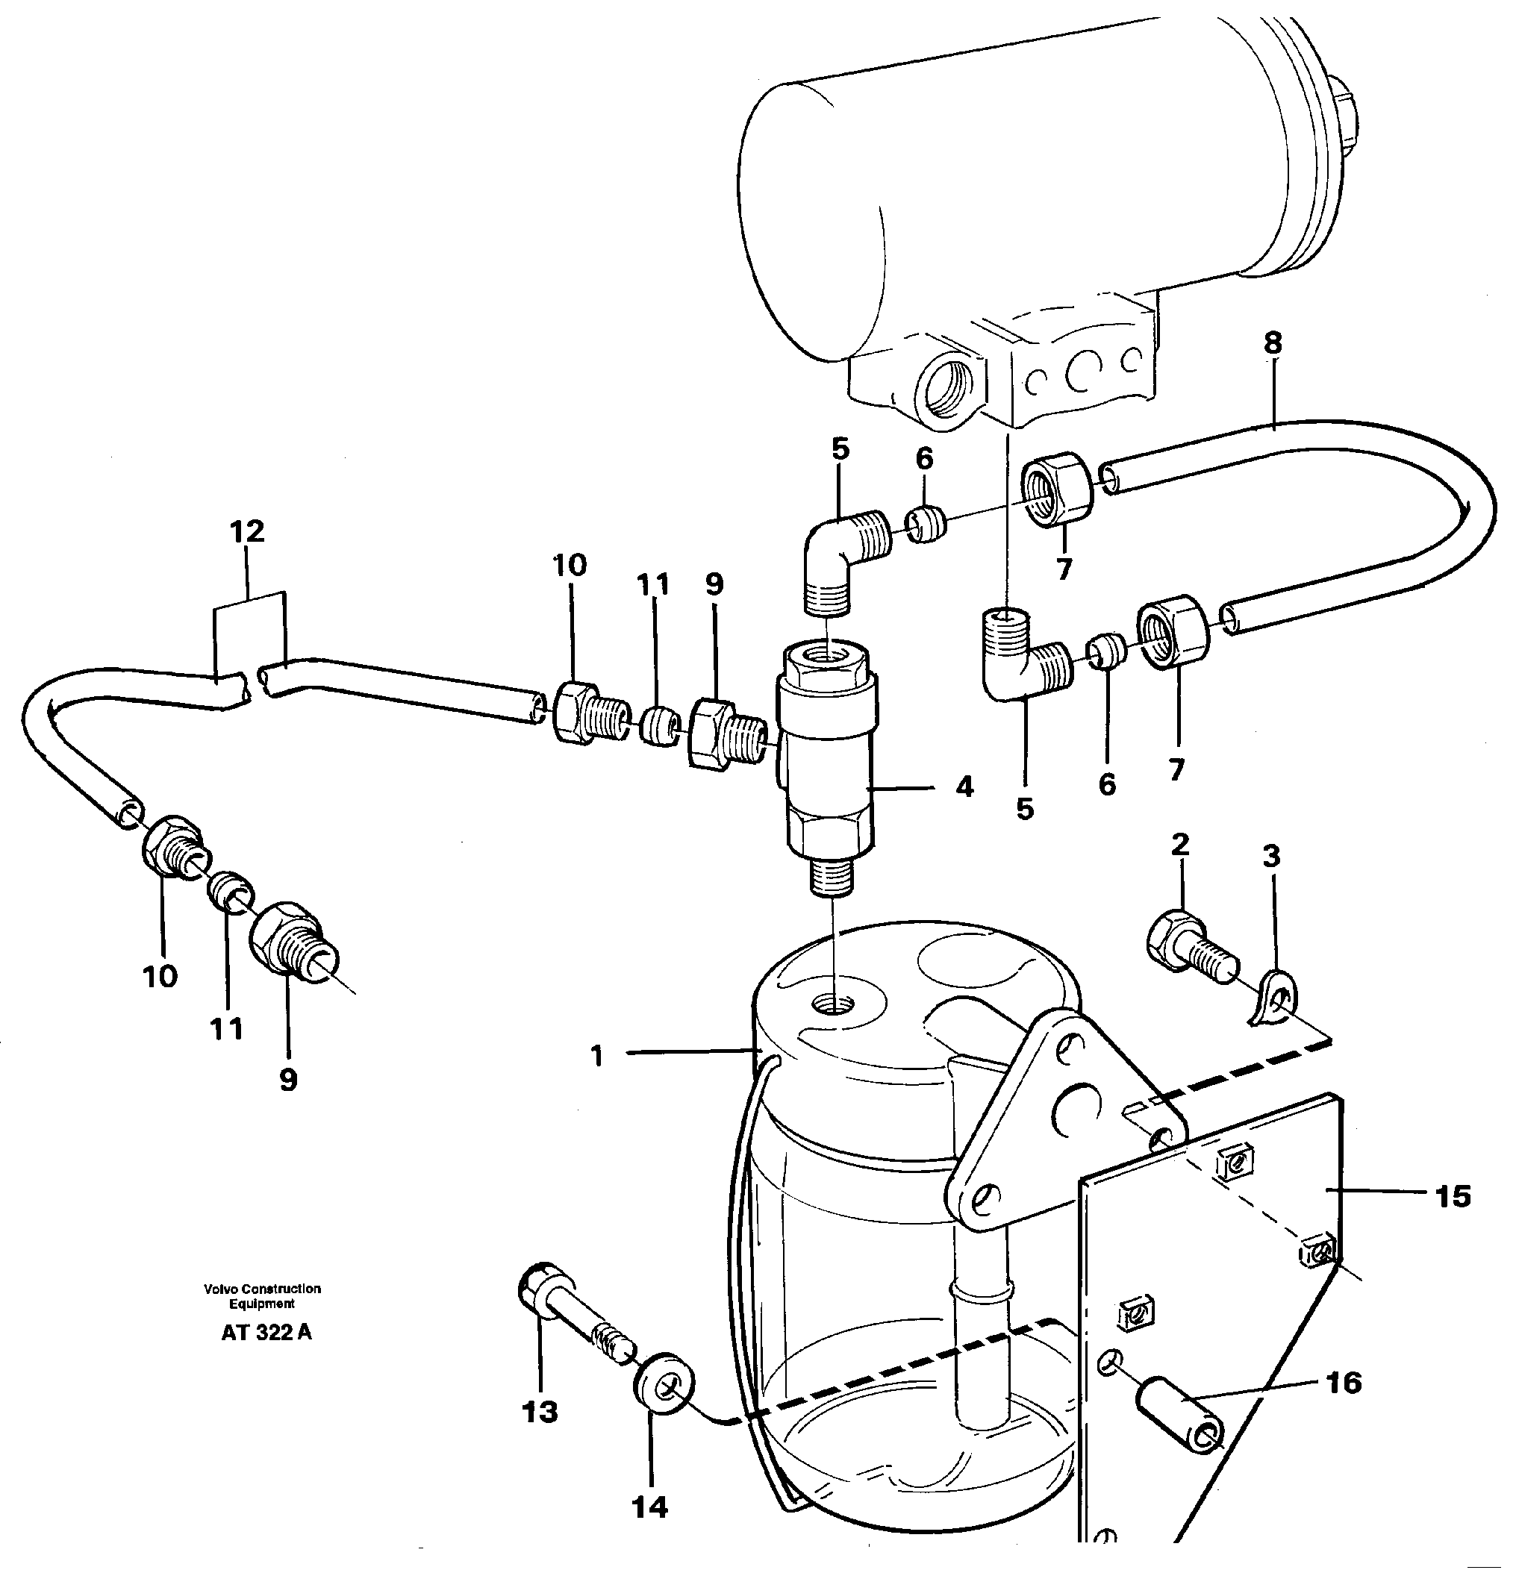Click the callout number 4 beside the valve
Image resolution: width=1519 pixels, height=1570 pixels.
964,787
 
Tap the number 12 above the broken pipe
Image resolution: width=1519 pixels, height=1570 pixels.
247,531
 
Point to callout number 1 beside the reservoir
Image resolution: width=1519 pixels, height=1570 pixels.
596,1057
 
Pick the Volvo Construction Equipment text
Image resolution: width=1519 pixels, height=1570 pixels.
262,1296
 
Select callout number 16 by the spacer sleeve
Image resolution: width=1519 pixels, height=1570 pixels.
1344,1383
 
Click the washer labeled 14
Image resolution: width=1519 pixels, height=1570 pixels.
664,1383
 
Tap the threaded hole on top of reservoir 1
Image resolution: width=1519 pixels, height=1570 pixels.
832,1002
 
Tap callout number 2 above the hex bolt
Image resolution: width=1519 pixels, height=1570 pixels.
1179,844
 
